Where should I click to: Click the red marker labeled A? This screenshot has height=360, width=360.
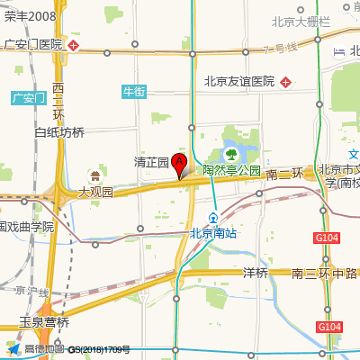tap(179, 165)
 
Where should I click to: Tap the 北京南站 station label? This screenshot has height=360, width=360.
tap(213, 233)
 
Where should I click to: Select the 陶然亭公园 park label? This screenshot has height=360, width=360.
tap(230, 169)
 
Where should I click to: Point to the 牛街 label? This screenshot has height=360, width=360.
tap(133, 91)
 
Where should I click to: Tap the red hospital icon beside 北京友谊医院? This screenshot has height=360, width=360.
tap(285, 82)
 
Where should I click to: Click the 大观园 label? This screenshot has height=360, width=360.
tap(95, 192)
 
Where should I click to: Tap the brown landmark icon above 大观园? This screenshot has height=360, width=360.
tap(95, 175)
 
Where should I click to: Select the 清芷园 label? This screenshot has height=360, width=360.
tap(151, 163)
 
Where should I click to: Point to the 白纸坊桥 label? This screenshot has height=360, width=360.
tap(58, 132)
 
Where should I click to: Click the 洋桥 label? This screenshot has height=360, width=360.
tap(256, 273)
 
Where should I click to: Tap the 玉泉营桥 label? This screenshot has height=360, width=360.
tap(44, 321)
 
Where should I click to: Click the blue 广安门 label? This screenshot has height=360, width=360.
tap(27, 97)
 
